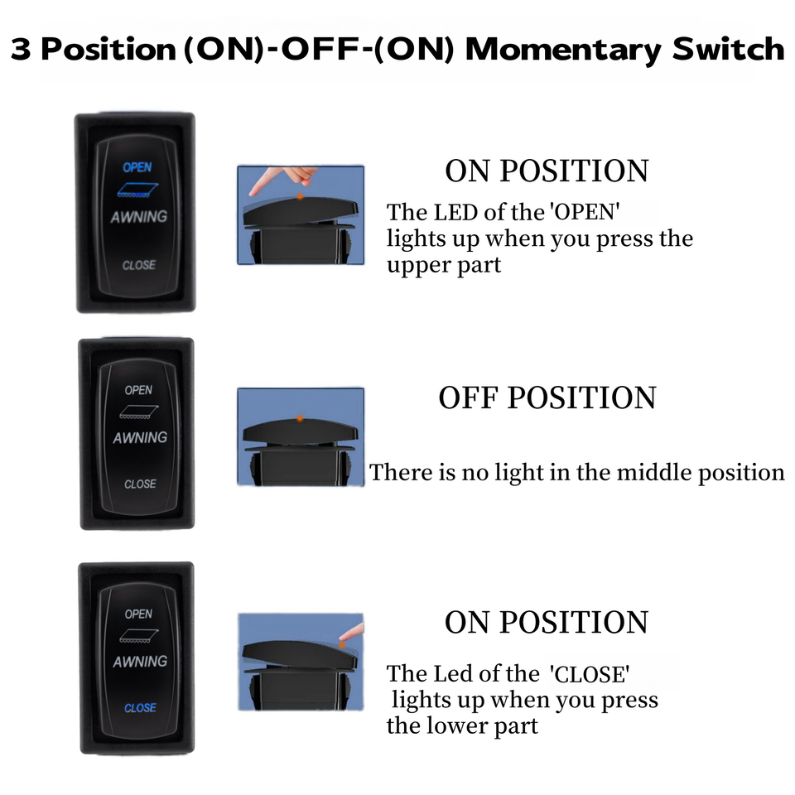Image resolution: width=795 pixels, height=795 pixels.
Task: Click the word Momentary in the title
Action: pos(562,50)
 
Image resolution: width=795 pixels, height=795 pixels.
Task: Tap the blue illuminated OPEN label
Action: pos(137,167)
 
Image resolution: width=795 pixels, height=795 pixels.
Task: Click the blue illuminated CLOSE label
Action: pos(140,708)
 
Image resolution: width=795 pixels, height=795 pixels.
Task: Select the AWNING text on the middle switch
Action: pos(140,437)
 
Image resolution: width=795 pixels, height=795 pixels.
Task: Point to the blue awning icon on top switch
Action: pos(137,190)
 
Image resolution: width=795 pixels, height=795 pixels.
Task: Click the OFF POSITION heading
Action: pos(547,398)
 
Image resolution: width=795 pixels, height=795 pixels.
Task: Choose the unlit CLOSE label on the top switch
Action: pos(138,265)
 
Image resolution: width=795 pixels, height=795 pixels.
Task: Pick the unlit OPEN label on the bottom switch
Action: pos(138,614)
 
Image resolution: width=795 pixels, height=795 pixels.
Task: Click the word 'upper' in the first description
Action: pos(417,266)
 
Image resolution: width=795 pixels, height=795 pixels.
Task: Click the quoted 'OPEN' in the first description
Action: pos(585,212)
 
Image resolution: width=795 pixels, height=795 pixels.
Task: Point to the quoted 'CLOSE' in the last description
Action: pos(594,673)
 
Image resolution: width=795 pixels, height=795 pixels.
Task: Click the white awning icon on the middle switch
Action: pos(138,412)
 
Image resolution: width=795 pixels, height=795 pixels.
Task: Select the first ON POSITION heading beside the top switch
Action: pos(547,171)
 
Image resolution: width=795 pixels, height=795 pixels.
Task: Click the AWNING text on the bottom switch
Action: pos(140,662)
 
